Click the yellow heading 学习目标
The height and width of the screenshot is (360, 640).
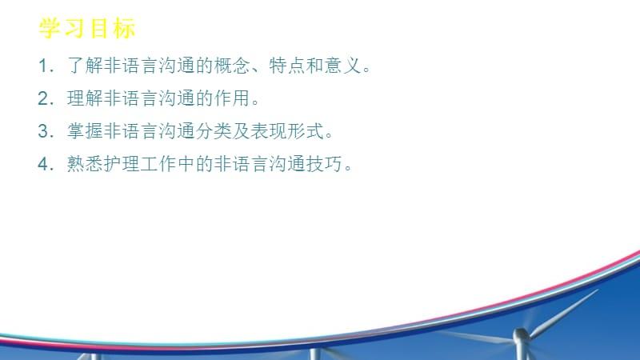click(x=87, y=29)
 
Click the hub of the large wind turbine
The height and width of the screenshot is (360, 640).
click(x=521, y=331)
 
